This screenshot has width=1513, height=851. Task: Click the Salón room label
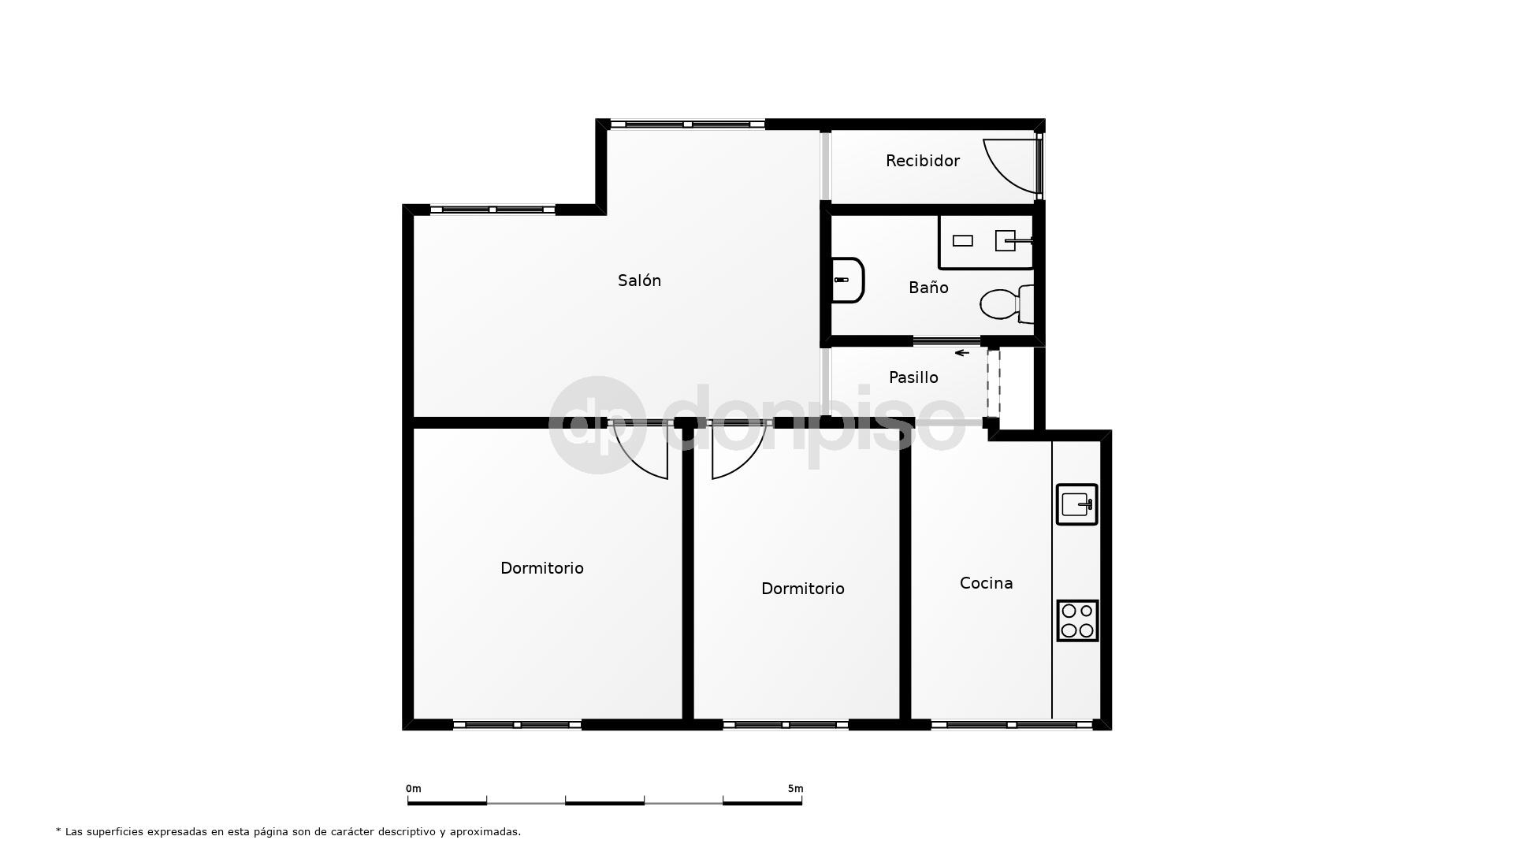tap(639, 281)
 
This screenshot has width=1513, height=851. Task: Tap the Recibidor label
tap(922, 161)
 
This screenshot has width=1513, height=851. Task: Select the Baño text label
tap(928, 288)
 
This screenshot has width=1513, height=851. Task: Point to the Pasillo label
tap(913, 377)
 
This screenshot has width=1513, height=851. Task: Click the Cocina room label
tap(986, 583)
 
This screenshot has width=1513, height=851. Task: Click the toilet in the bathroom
tap(1007, 304)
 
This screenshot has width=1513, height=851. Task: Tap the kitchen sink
tap(1076, 504)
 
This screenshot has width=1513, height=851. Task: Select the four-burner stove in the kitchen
tap(1076, 620)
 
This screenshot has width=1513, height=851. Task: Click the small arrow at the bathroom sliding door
tap(961, 353)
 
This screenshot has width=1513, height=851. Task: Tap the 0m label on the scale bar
tap(413, 789)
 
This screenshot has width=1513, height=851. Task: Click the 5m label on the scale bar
tap(795, 789)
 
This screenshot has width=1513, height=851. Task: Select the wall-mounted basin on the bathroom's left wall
tap(848, 280)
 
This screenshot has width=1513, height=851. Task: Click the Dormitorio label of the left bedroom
tap(542, 568)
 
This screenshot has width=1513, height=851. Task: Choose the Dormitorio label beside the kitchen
tap(802, 589)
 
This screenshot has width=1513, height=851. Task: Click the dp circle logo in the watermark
tap(597, 425)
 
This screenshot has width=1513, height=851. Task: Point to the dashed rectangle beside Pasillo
tap(994, 383)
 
